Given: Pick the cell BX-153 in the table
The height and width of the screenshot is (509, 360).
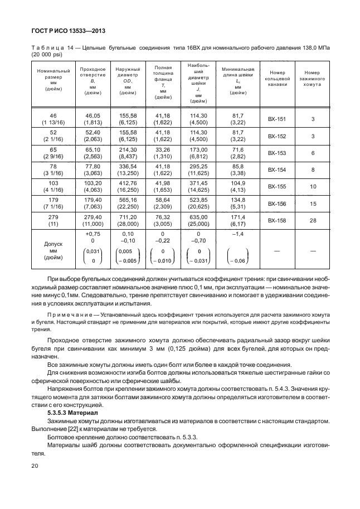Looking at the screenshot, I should (x=276, y=153).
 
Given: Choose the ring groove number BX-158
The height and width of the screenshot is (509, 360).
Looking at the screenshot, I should (x=276, y=220).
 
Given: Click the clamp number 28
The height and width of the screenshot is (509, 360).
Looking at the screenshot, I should (x=313, y=220).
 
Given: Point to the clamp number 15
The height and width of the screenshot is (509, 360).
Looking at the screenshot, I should (x=313, y=203).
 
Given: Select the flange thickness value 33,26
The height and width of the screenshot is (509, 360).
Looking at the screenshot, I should (x=163, y=150).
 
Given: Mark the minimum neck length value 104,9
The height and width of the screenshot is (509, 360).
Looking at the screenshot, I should (x=237, y=183).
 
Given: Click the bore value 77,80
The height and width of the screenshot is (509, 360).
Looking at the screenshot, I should (x=92, y=167).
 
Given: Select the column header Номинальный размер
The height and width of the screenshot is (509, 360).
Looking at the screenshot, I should (x=53, y=80).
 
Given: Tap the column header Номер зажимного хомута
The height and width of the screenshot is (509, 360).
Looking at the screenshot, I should (x=313, y=79).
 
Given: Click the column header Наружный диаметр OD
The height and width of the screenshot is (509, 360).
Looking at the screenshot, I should (x=128, y=80).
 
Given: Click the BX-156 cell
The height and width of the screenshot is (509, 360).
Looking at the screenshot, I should (x=276, y=203).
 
